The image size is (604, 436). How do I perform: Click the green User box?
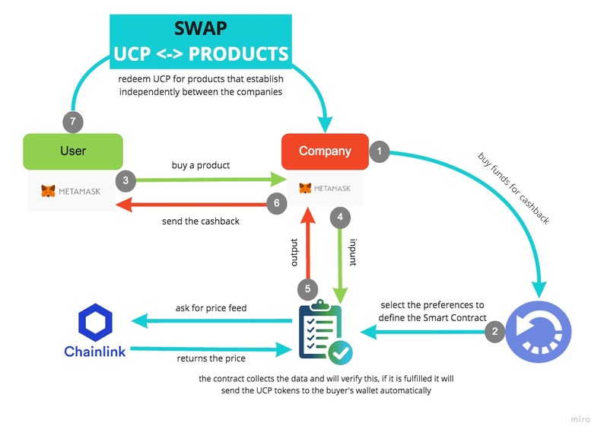pyautogui.click(x=72, y=151)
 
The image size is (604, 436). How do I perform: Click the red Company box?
pyautogui.click(x=325, y=151)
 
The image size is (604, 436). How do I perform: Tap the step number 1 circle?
pyautogui.click(x=380, y=151)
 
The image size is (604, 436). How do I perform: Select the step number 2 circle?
pyautogui.click(x=496, y=331)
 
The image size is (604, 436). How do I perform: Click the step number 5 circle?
pyautogui.click(x=307, y=289)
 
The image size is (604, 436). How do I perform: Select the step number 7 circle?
pyautogui.click(x=73, y=122)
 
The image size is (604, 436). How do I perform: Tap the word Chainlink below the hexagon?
pyautogui.click(x=95, y=352)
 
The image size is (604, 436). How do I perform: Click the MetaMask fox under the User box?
pyautogui.click(x=48, y=190)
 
